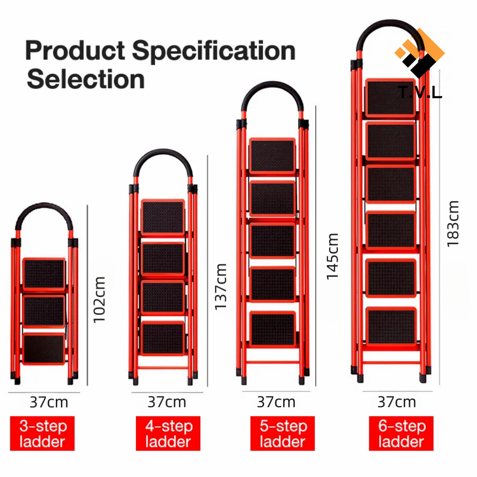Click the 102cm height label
[99, 299]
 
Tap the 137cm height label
[220, 286]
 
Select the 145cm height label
[332, 256]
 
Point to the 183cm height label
[453, 224]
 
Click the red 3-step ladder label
[42, 433]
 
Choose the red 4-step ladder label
[168, 433]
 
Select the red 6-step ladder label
[401, 433]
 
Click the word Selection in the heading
[86, 79]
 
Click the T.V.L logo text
[420, 92]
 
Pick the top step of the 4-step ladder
[163, 217]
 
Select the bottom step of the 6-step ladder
[390, 326]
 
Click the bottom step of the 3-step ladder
[44, 349]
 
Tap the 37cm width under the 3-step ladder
[48, 402]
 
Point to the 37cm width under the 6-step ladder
[396, 402]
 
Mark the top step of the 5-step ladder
[273, 156]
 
